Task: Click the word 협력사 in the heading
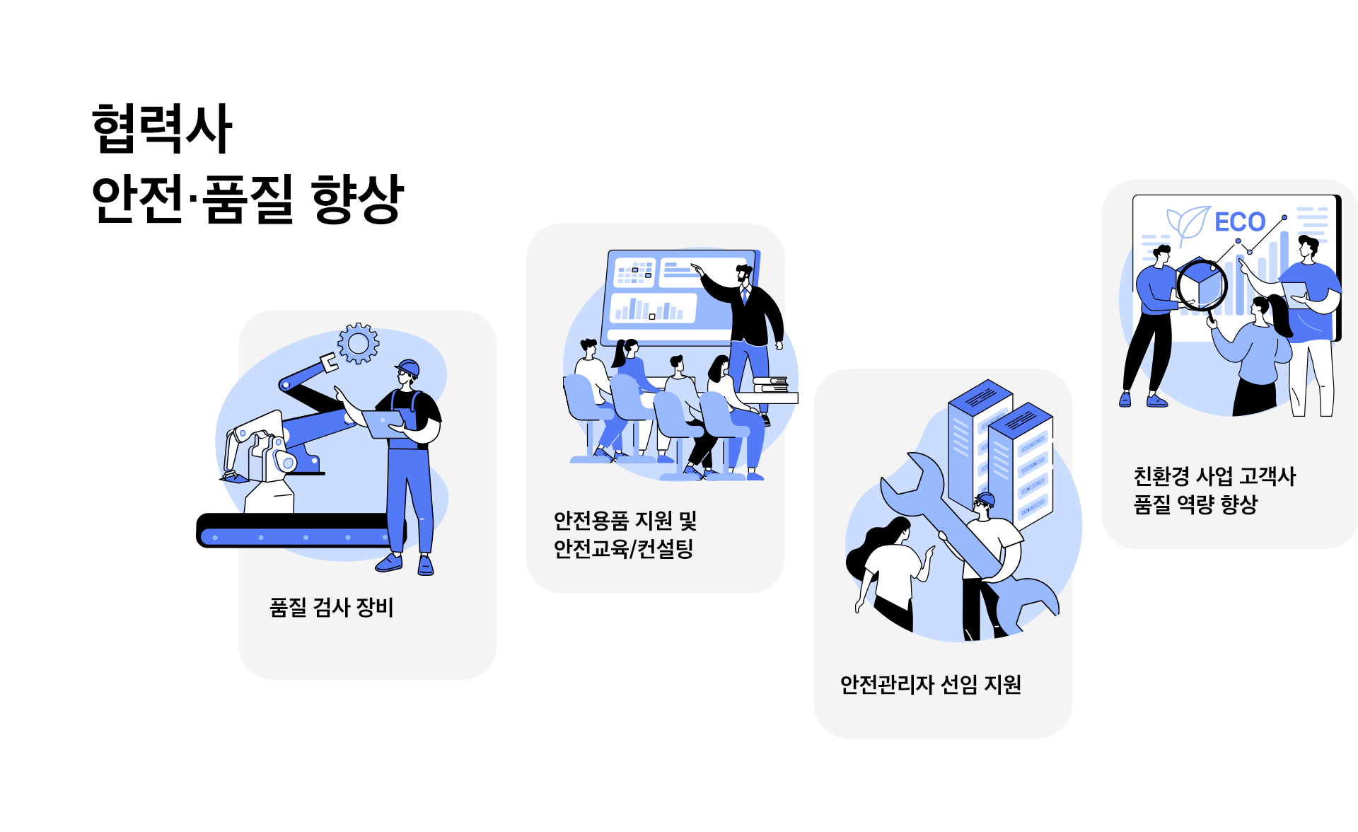click(x=162, y=128)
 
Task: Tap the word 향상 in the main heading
click(x=357, y=199)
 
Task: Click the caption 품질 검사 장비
click(x=331, y=607)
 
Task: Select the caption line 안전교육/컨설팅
click(x=623, y=548)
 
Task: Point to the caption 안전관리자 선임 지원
click(x=930, y=684)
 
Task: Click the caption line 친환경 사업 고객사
click(x=1214, y=476)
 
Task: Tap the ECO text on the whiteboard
click(x=1239, y=222)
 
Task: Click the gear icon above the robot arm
click(x=359, y=344)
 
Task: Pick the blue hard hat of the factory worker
click(x=408, y=367)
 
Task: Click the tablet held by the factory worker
click(x=382, y=424)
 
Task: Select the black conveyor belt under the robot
click(x=297, y=530)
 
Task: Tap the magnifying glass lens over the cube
click(x=1202, y=286)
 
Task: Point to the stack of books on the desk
click(x=770, y=384)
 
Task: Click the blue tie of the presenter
click(x=744, y=295)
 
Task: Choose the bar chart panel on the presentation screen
click(x=652, y=308)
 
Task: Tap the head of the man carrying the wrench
click(x=984, y=506)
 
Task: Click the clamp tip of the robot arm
click(x=329, y=362)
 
